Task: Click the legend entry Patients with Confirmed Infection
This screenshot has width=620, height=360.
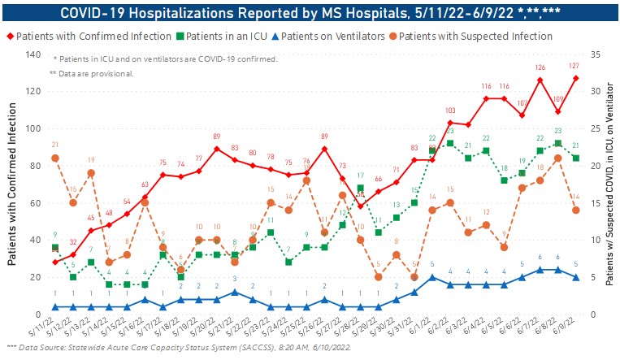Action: (89, 37)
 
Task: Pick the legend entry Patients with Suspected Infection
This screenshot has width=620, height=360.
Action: (475, 37)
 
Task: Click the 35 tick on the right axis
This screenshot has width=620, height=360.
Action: (595, 54)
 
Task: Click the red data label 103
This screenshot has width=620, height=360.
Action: (450, 111)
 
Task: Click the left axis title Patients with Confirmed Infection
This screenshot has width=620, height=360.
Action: (11, 184)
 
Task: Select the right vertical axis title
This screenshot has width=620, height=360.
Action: (610, 184)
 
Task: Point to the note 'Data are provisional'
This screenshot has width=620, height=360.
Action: (91, 74)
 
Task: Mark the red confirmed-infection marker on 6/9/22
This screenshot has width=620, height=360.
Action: (575, 78)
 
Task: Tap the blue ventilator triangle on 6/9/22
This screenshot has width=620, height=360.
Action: (575, 277)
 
